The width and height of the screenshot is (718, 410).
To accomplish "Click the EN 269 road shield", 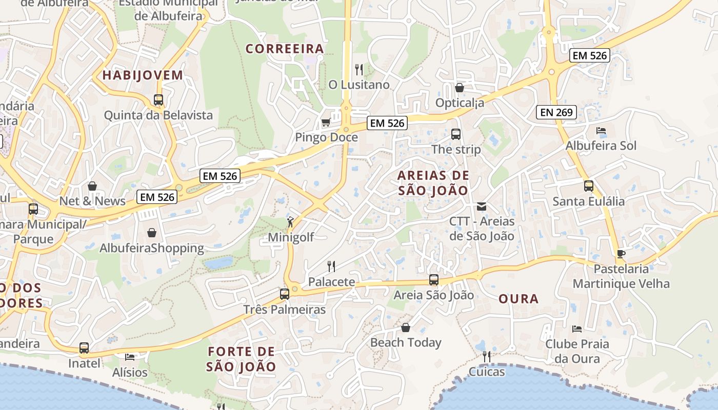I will (556, 112).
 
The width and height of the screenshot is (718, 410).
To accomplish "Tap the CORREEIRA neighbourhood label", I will (285, 49).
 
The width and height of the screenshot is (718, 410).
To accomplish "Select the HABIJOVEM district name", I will (143, 75).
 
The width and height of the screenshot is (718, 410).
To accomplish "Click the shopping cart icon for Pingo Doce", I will (326, 122).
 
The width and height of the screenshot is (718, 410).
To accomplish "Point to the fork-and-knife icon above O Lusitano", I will (359, 69).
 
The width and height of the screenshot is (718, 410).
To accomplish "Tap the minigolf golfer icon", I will (290, 222).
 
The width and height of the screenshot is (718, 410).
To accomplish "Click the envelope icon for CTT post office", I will (482, 207).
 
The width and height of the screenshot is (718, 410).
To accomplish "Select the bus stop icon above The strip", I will (455, 134).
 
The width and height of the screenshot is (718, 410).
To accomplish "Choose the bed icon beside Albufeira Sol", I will (601, 131).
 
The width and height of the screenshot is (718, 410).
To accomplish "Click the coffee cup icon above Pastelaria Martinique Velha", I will (621, 254).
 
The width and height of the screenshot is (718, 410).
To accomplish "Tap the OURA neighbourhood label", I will (518, 299).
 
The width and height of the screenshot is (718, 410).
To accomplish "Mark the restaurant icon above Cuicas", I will (486, 356).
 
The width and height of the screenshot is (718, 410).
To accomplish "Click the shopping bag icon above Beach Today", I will (406, 327).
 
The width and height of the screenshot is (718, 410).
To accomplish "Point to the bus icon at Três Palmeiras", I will (285, 294).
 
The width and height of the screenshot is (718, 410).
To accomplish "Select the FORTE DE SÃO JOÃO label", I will (241, 359).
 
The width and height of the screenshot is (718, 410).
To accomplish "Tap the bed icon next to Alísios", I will (130, 357).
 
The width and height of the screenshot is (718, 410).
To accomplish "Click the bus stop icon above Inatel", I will (84, 348).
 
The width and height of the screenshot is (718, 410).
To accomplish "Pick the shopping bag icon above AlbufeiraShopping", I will (152, 233).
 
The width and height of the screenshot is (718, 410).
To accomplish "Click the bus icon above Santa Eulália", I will (589, 186).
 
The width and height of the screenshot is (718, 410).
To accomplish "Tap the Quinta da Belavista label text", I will (158, 115).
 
